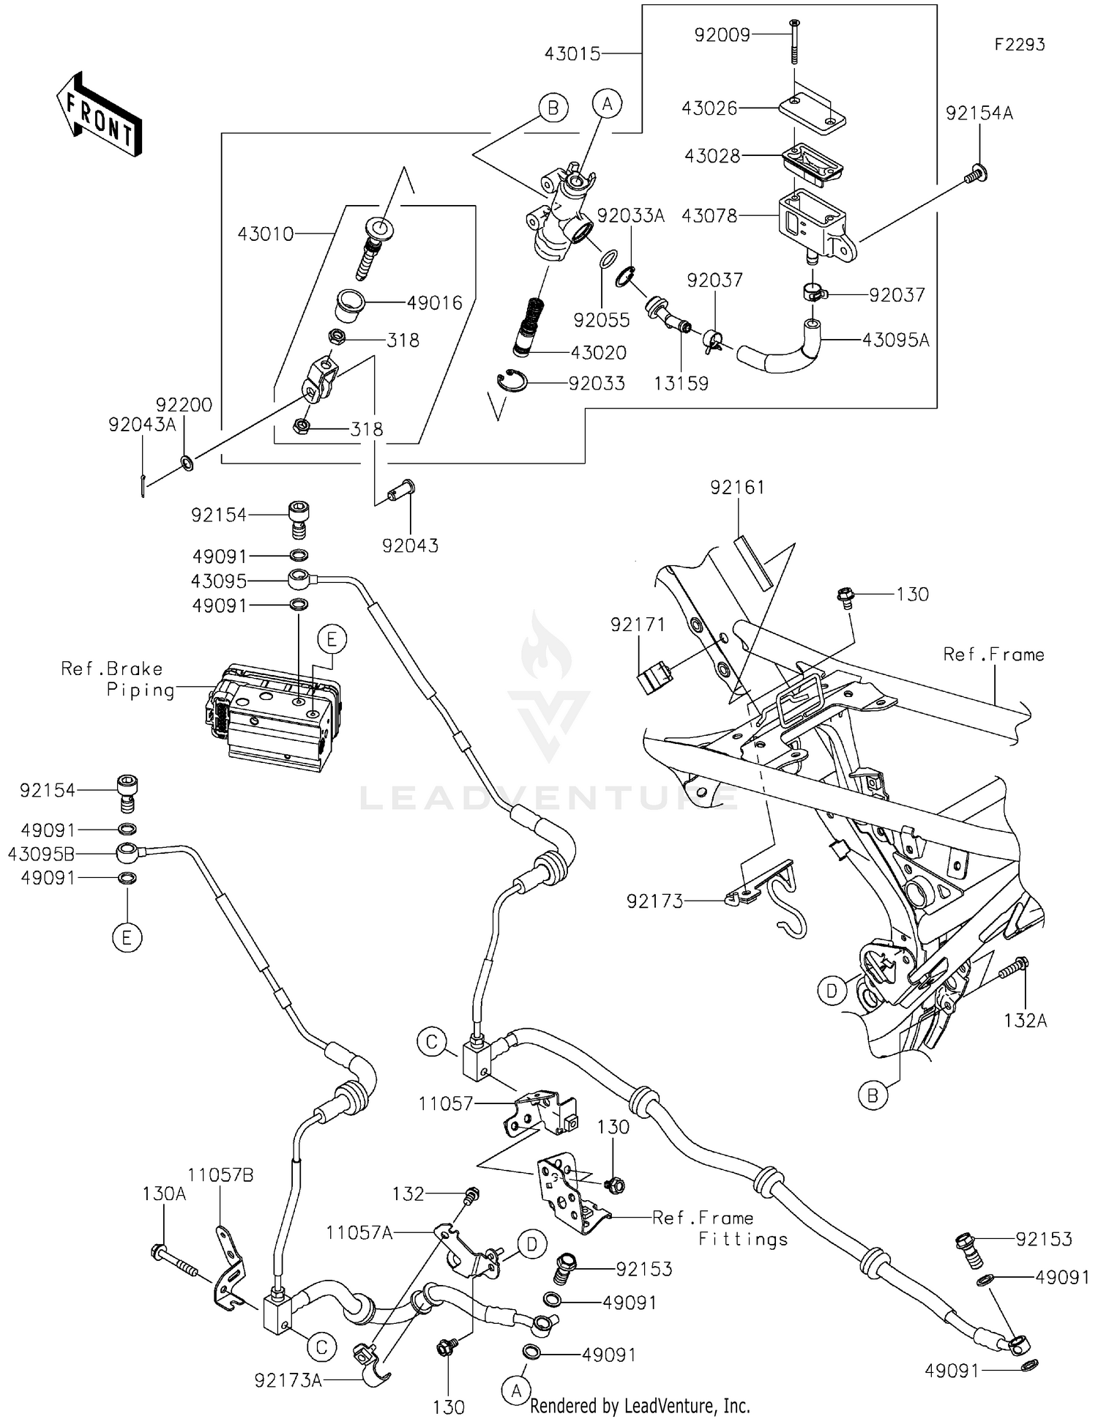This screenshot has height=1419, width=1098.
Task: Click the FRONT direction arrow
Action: tap(99, 114)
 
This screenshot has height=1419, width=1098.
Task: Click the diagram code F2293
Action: tap(1019, 45)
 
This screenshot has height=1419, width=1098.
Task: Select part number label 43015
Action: tap(572, 53)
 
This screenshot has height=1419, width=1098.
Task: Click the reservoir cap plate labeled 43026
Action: tap(811, 109)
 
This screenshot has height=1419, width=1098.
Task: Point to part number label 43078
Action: tap(709, 216)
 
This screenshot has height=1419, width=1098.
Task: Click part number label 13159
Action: tap(681, 384)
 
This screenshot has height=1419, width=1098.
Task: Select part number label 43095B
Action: tap(41, 854)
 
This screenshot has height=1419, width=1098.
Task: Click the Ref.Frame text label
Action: tap(993, 655)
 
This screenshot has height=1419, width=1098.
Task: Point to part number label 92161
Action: tap(737, 488)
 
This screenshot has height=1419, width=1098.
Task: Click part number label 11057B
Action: tap(220, 1175)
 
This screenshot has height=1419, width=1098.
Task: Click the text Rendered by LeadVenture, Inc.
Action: tap(639, 1406)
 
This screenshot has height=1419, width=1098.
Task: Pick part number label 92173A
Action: tap(288, 1381)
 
